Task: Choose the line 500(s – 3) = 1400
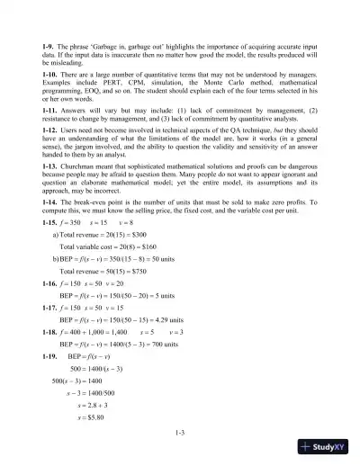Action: tap(85, 381)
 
